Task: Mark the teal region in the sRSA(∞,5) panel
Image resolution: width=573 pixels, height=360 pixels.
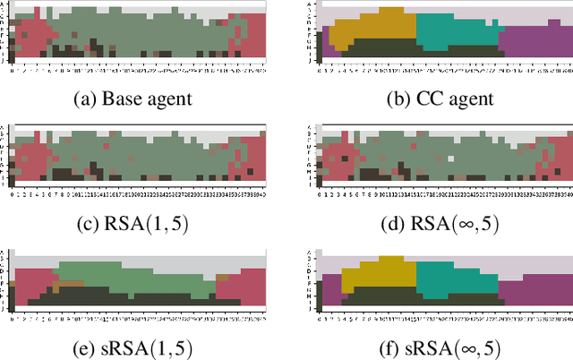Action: click(452, 278)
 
